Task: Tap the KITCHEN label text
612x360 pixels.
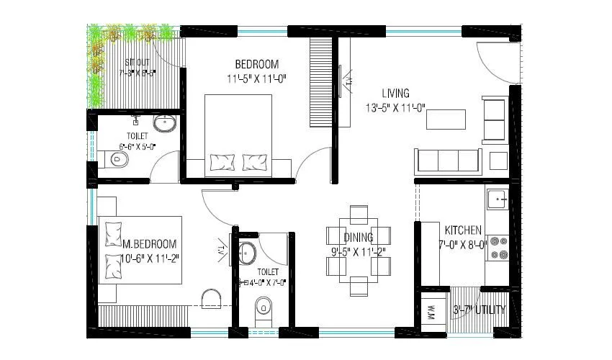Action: (x=463, y=230)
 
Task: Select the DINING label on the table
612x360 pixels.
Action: (x=358, y=237)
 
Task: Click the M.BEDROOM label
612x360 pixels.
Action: (x=149, y=245)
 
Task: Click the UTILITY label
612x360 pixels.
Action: (x=490, y=310)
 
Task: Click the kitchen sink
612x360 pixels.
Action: (x=496, y=198)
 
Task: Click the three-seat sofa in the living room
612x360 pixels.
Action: (x=447, y=159)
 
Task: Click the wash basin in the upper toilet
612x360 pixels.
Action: (x=166, y=123)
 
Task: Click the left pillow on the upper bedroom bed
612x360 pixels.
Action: (x=220, y=163)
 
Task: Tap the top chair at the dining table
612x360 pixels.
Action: (x=359, y=213)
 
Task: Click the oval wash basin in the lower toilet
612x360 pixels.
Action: (x=248, y=253)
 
